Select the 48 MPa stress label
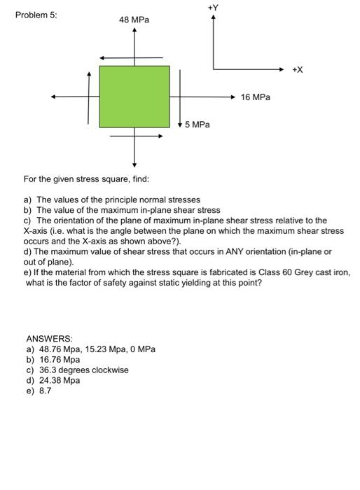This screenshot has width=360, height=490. [x=134, y=20]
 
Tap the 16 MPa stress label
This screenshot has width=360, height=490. [x=255, y=97]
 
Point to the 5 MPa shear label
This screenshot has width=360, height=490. [x=198, y=125]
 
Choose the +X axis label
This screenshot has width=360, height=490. [x=298, y=69]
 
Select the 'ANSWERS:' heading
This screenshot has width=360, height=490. [x=49, y=338]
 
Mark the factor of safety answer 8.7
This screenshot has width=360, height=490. [x=44, y=391]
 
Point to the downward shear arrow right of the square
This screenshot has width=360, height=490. [x=181, y=98]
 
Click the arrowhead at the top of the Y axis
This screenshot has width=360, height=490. [x=214, y=17]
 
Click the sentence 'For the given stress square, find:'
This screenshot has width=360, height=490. [x=87, y=179]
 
